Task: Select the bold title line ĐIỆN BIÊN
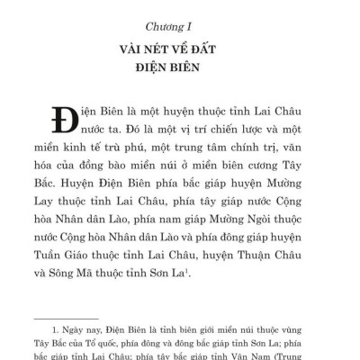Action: (x=179, y=66)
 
